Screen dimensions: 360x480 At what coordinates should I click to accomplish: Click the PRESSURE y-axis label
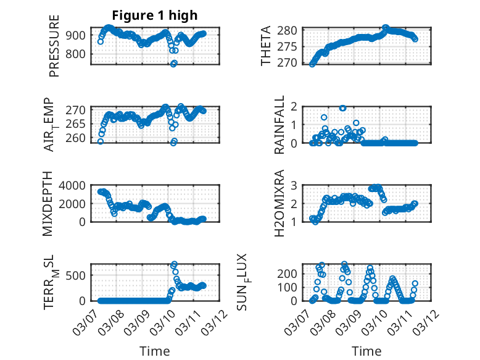click(x=54, y=49)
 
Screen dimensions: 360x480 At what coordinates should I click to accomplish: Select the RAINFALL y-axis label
click(x=279, y=125)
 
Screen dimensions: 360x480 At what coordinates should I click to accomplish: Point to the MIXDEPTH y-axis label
click(x=49, y=204)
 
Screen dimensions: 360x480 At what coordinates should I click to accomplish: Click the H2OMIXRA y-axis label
click(x=279, y=203)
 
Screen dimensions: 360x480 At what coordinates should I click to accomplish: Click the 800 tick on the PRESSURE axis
click(x=81, y=54)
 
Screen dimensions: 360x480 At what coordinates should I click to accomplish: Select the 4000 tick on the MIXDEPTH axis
click(x=78, y=185)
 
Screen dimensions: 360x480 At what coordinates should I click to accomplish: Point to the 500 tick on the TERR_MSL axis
click(x=81, y=275)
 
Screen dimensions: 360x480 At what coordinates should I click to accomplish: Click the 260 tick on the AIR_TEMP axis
click(x=81, y=138)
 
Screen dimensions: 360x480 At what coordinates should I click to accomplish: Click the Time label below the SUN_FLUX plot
click(x=366, y=351)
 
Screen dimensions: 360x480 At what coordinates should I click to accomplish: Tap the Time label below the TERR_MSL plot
click(x=155, y=351)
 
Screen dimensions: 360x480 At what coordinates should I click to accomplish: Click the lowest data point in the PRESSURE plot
click(x=174, y=64)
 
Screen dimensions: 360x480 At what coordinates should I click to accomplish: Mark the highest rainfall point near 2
click(x=342, y=108)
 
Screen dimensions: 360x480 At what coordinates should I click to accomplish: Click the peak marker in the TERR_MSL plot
click(x=174, y=264)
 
